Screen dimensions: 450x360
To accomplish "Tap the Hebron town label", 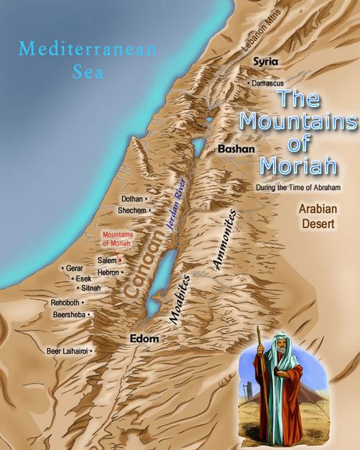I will (x=108, y=273).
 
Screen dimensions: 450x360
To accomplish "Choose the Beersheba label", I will (x=69, y=314).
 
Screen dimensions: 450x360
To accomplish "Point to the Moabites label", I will (x=177, y=300).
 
